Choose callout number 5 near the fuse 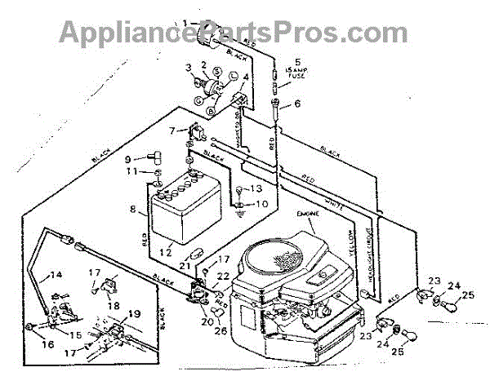pyautogui.click(x=297, y=61)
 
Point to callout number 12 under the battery pyautogui.click(x=167, y=253)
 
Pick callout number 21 pyautogui.click(x=185, y=267)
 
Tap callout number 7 pyautogui.click(x=171, y=131)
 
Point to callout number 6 pyautogui.click(x=297, y=104)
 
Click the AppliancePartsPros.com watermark pyautogui.click(x=233, y=33)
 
